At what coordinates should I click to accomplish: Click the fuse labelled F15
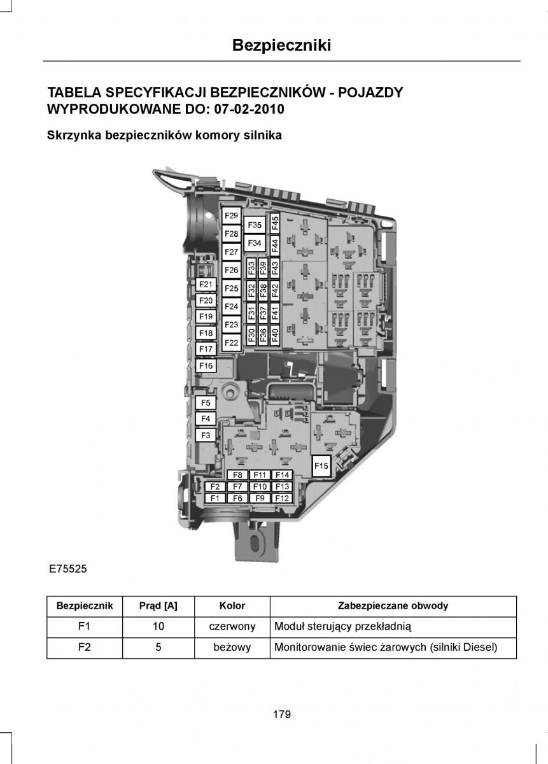coord(321,466)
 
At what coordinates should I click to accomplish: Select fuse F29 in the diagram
coord(231,216)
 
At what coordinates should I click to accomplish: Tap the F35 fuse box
coord(255,225)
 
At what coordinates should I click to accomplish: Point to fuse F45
coord(275,223)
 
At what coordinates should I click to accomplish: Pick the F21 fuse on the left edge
coord(206,285)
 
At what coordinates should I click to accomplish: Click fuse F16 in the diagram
coord(206,366)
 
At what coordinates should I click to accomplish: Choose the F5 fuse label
coord(206,403)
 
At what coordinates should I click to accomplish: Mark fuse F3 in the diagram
coord(206,435)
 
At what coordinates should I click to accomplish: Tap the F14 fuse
coord(282,475)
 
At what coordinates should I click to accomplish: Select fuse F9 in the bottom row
coord(260,499)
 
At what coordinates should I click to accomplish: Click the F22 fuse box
coord(231,343)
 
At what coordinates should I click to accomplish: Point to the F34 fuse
coord(255,243)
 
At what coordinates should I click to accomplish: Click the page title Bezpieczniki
coord(281,45)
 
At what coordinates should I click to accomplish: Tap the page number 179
coord(281,714)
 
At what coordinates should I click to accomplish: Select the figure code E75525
coord(67,569)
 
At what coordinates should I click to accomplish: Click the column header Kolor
coord(232,606)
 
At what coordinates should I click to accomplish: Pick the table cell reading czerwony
coord(232,626)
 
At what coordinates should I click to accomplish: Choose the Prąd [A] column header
coord(158,606)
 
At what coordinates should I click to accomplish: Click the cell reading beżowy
coord(232,647)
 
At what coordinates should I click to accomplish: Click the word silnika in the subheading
coord(263,136)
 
